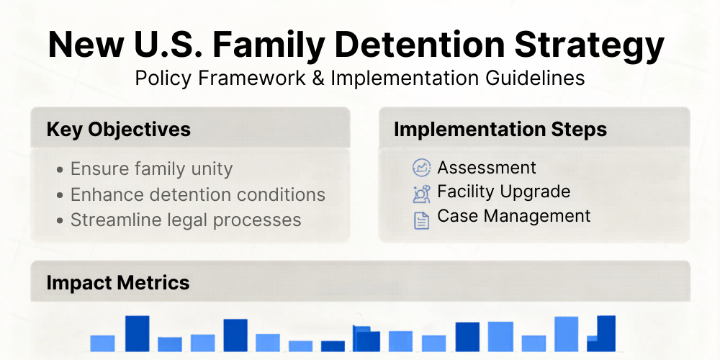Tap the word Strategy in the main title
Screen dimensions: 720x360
pyautogui.click(x=589, y=47)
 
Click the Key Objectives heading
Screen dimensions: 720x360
pyautogui.click(x=119, y=130)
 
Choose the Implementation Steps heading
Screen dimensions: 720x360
pyautogui.click(x=500, y=130)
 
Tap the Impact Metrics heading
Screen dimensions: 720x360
pyautogui.click(x=118, y=282)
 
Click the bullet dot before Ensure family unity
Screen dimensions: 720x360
pyautogui.click(x=60, y=169)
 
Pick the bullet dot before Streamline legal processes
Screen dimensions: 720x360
pyautogui.click(x=60, y=221)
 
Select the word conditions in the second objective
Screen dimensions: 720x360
pyautogui.click(x=281, y=194)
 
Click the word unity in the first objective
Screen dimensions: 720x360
pyautogui.click(x=213, y=169)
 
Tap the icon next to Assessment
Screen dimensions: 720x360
pyautogui.click(x=421, y=168)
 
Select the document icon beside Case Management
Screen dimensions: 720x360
pyautogui.click(x=421, y=220)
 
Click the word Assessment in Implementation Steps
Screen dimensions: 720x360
pyautogui.click(x=487, y=168)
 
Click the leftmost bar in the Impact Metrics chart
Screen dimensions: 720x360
pyautogui.click(x=102, y=343)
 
